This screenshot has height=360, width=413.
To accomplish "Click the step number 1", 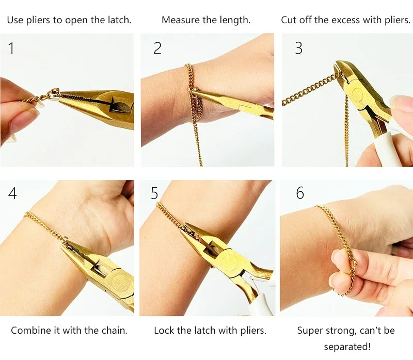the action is click(11, 48).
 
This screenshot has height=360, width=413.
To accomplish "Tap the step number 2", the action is click(157, 48).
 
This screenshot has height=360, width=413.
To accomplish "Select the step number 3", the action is click(298, 48).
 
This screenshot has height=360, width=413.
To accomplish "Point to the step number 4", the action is click(12, 193).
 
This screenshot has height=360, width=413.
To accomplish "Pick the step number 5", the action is click(154, 193).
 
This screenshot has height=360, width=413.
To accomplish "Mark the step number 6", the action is click(300, 193).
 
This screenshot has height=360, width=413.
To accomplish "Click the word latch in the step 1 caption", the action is click(119, 20).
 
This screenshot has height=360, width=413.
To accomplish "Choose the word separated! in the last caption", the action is click(347, 346).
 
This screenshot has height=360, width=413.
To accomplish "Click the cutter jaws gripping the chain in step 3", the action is click(341, 73).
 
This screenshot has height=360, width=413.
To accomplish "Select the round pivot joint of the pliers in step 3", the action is click(357, 93).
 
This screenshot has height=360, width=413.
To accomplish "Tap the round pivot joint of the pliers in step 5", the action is click(229, 260).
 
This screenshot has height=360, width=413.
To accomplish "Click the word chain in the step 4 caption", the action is click(114, 331).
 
